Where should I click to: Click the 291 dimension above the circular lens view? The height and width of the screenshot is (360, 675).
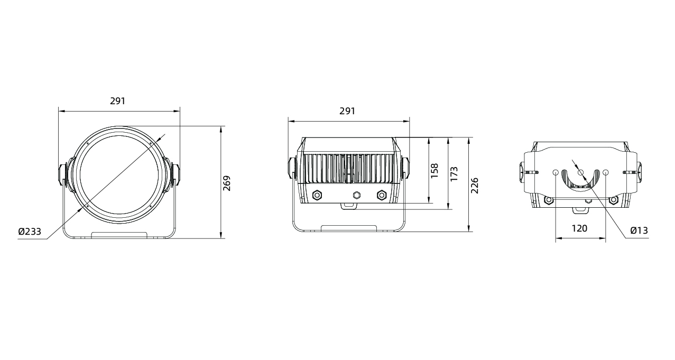pyautogui.click(x=117, y=101)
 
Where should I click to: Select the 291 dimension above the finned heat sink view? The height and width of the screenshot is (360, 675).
pyautogui.click(x=347, y=111)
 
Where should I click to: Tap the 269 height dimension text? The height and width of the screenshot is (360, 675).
pyautogui.click(x=227, y=183)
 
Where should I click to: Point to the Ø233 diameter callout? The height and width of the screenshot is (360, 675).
pyautogui.click(x=30, y=232)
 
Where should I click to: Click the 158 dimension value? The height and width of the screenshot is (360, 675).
pyautogui.click(x=434, y=171)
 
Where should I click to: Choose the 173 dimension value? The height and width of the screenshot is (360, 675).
pyautogui.click(x=454, y=174)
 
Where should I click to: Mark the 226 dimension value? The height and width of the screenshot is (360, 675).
pyautogui.click(x=475, y=186)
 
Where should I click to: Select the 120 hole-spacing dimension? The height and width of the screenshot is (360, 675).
pyautogui.click(x=579, y=229)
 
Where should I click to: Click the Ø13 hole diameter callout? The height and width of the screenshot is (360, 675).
pyautogui.click(x=639, y=230)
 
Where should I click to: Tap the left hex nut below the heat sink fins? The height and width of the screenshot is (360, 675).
pyautogui.click(x=317, y=195)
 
